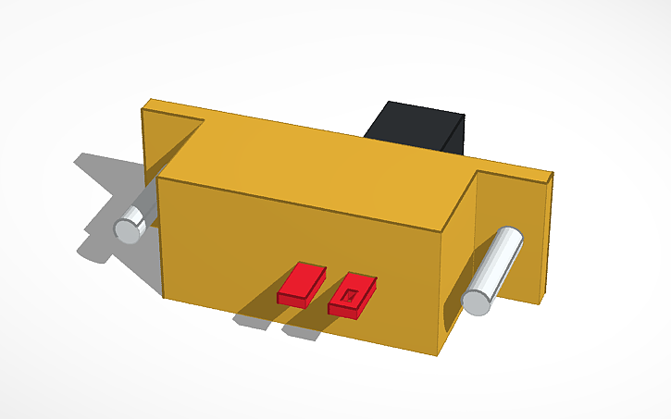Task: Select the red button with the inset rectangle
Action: point(353,295)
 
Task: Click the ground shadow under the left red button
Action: point(254,320)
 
